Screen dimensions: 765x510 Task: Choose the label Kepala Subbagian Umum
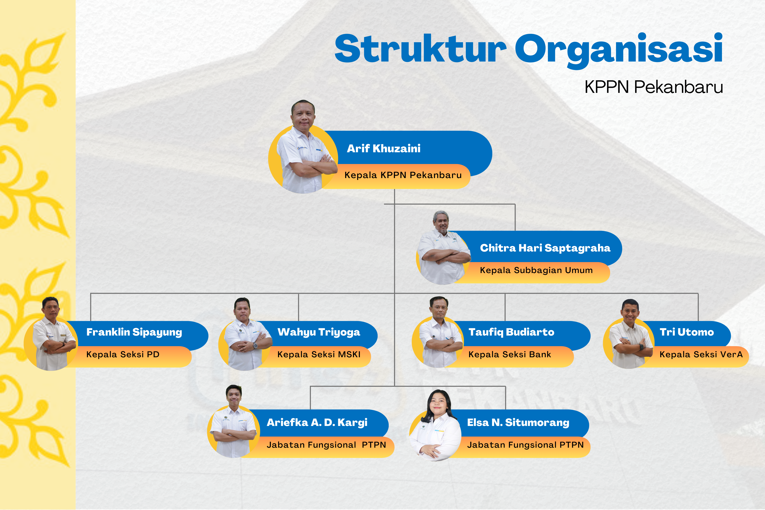click(536, 270)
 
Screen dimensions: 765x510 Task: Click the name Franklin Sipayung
click(134, 332)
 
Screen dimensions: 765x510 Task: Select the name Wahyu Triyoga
click(319, 332)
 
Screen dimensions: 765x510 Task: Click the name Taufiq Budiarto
click(511, 332)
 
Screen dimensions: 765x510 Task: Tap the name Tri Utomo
click(687, 332)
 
